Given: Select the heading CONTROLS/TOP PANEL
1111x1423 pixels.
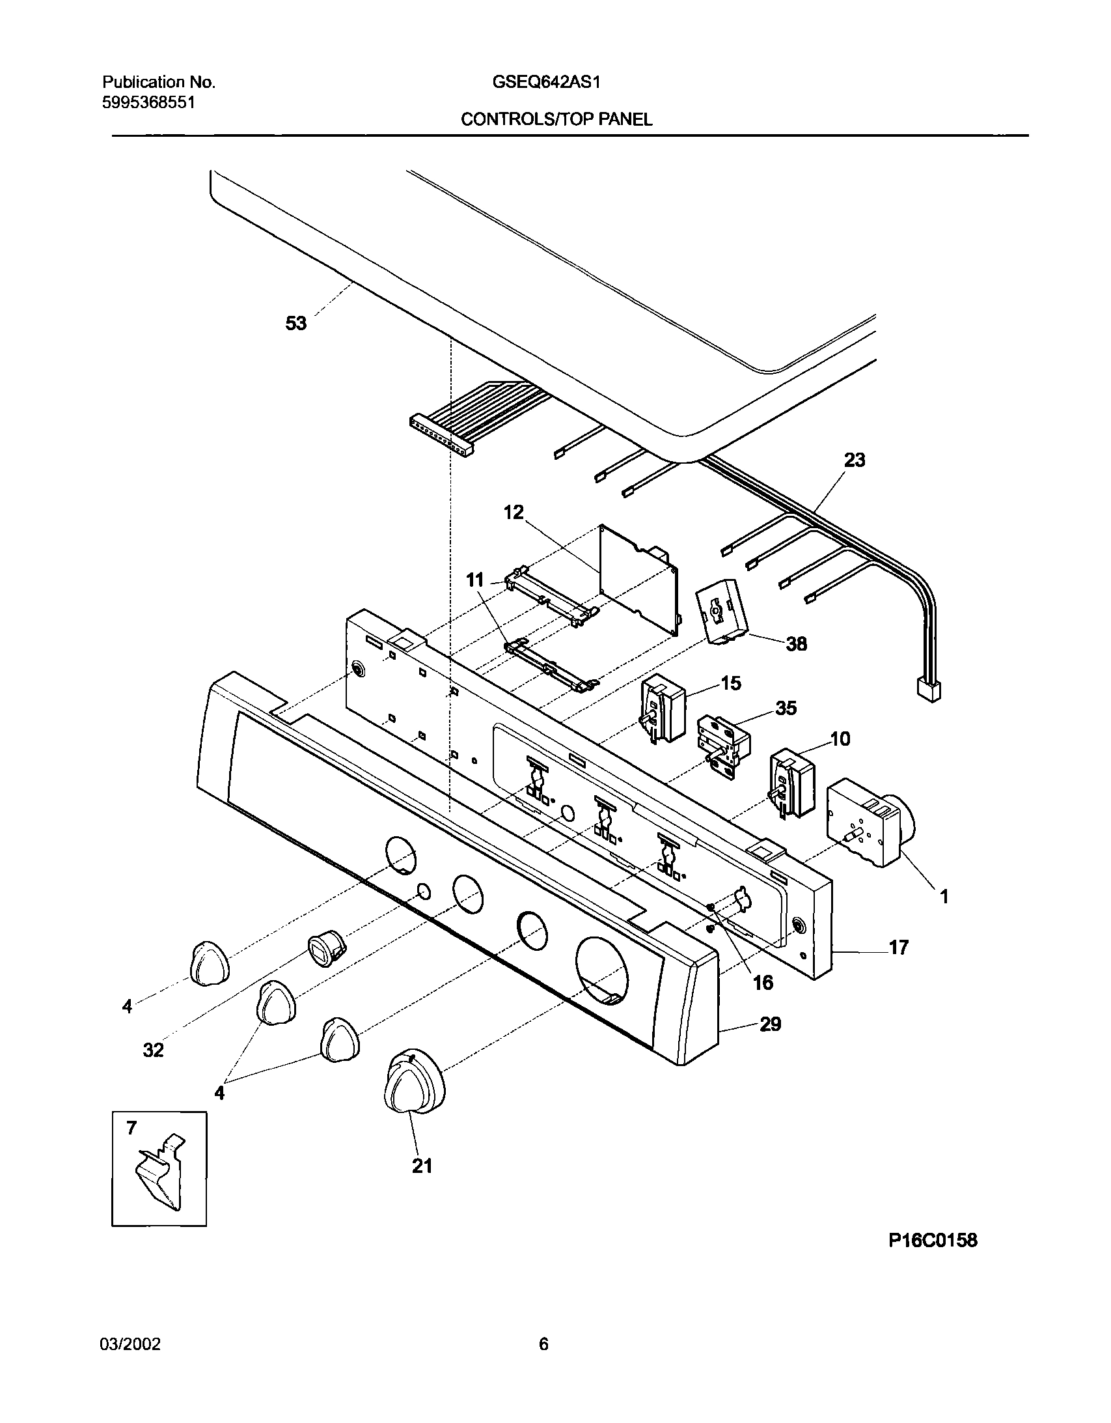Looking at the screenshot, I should [556, 119].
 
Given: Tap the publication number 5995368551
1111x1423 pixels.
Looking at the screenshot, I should [148, 102].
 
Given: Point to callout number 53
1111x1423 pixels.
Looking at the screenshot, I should [296, 323].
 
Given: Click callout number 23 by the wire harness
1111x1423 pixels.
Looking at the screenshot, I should [855, 460].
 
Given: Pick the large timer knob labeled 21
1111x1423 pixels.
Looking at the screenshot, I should [414, 1085].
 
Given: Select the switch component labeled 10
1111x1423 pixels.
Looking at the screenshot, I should [792, 783].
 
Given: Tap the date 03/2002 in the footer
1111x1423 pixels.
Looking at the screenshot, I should [130, 1344].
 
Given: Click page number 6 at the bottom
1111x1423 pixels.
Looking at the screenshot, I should [543, 1344].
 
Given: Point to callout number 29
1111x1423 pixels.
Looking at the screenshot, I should [770, 1024].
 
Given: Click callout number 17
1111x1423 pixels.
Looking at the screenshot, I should [898, 948].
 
